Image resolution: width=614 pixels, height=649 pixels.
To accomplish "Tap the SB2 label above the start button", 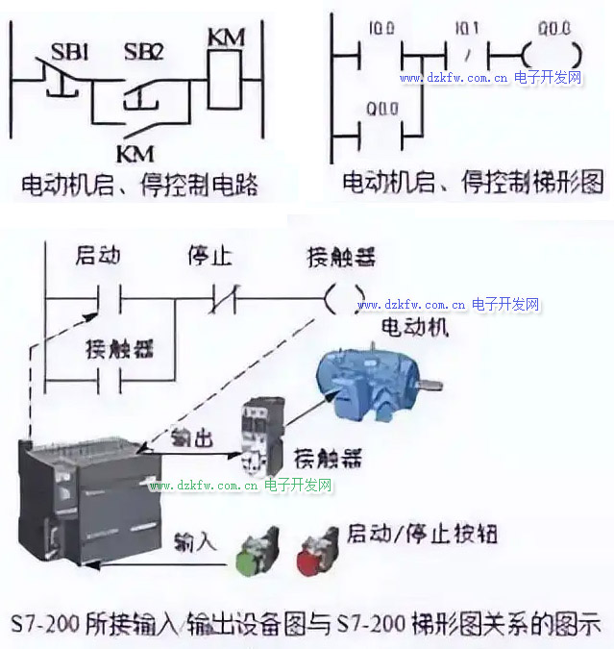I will pos(144,51).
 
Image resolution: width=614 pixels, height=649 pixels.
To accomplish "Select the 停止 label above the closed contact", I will pos(210,257).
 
